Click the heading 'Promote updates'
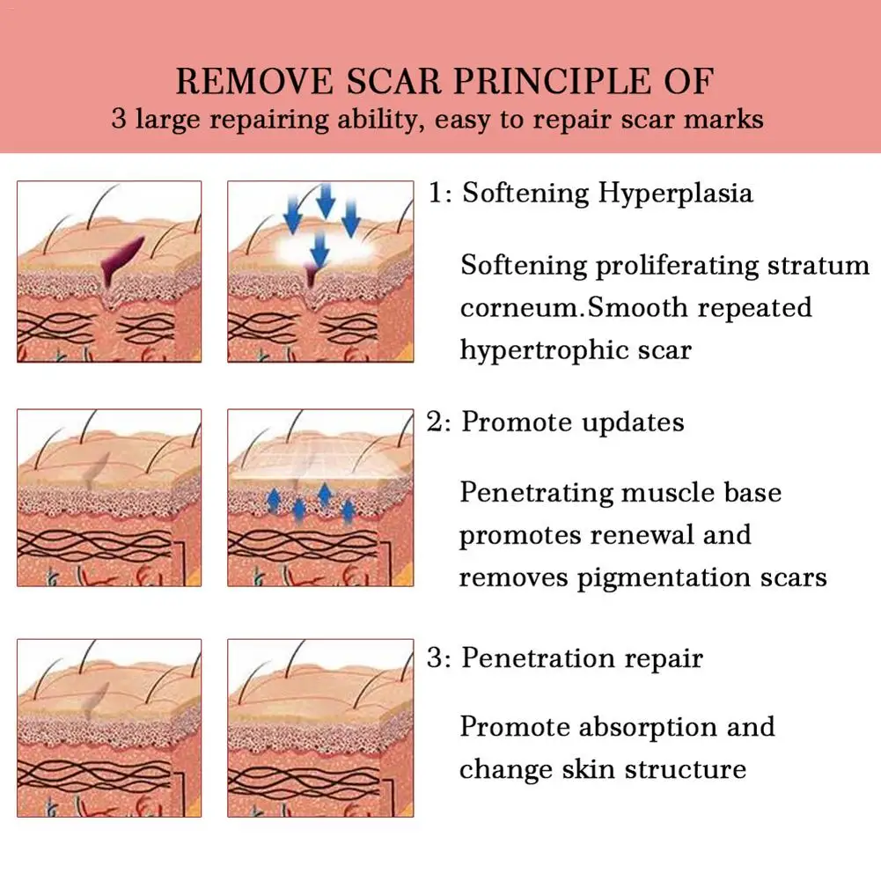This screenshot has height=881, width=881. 573,422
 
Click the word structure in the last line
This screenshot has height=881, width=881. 685,769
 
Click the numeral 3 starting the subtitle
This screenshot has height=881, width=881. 120,119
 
